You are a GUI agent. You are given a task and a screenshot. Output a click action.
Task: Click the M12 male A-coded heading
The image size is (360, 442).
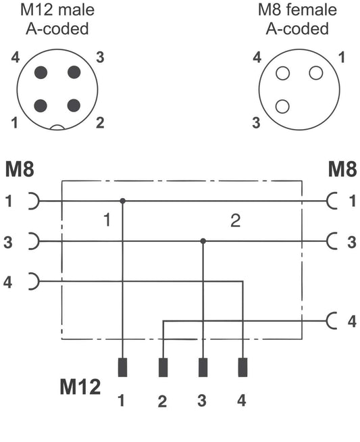(57, 19)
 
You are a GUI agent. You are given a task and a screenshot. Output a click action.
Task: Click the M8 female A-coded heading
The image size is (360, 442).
(297, 19)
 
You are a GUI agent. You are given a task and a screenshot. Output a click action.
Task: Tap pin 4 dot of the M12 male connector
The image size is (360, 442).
(41, 72)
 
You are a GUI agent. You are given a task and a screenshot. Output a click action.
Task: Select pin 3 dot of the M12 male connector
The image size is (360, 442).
(74, 72)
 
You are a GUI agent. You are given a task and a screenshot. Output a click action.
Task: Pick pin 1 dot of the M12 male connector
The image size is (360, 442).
(41, 105)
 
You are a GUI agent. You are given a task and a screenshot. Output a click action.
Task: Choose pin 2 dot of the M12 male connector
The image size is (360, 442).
(74, 105)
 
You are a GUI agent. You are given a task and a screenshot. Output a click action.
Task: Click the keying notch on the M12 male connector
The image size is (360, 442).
(57, 128)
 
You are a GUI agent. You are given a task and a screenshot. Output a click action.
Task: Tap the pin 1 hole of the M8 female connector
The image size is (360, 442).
(316, 73)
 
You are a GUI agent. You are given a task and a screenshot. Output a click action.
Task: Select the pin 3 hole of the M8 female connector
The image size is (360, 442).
(282, 106)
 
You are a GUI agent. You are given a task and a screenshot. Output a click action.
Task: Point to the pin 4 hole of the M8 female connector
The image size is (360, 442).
(282, 73)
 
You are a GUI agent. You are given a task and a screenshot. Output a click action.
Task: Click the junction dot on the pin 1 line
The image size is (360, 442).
(122, 201)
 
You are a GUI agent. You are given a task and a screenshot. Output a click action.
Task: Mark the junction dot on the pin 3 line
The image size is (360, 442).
(203, 241)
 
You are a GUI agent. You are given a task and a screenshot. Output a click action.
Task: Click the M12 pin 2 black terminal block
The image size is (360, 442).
(163, 367)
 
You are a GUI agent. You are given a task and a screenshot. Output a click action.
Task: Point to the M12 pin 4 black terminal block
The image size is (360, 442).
(243, 367)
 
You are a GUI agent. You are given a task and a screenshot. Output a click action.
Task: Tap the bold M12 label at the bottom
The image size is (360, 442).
(80, 387)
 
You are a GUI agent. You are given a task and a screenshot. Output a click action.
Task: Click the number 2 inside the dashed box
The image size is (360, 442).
(236, 220)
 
